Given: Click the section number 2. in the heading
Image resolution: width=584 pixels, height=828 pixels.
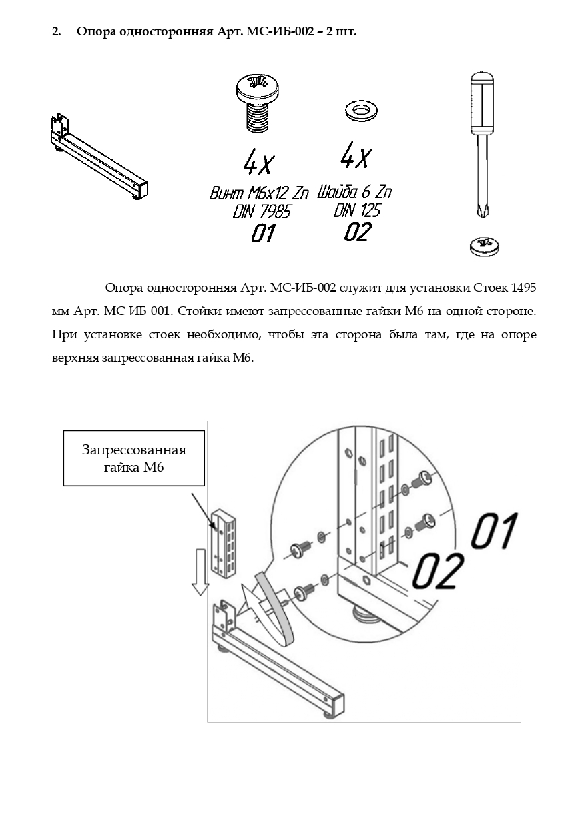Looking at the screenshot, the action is pyautogui.click(x=56, y=32).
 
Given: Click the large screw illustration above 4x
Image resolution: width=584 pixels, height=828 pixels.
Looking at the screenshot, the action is pyautogui.click(x=257, y=103).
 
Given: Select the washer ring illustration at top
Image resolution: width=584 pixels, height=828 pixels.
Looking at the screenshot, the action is pyautogui.click(x=361, y=110).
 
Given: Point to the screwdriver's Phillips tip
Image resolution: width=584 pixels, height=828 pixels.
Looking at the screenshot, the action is pyautogui.click(x=483, y=213).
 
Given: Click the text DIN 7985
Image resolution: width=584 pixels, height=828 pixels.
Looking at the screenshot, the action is pyautogui.click(x=262, y=212).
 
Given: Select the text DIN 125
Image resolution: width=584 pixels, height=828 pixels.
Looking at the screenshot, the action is pyautogui.click(x=357, y=210).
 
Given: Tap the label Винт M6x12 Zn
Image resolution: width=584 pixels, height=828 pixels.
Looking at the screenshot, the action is pyautogui.click(x=259, y=193).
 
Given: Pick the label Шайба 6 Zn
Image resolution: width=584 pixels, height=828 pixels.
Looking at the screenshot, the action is pyautogui.click(x=354, y=192).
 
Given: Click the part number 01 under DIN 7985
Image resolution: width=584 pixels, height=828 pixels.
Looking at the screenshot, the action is pyautogui.click(x=263, y=234).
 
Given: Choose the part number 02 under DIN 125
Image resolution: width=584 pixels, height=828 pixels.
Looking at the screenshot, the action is pyautogui.click(x=357, y=232).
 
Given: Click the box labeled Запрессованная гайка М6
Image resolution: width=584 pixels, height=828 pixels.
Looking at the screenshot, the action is pyautogui.click(x=134, y=458).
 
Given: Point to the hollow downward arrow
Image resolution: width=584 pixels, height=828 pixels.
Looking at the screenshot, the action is pyautogui.click(x=200, y=572).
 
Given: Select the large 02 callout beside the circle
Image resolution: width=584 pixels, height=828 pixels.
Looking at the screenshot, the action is pyautogui.click(x=439, y=571).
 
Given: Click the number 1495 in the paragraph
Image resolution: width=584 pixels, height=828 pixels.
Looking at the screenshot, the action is pyautogui.click(x=523, y=287).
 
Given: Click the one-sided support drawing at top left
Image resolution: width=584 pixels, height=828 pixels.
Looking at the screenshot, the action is pyautogui.click(x=99, y=157).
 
